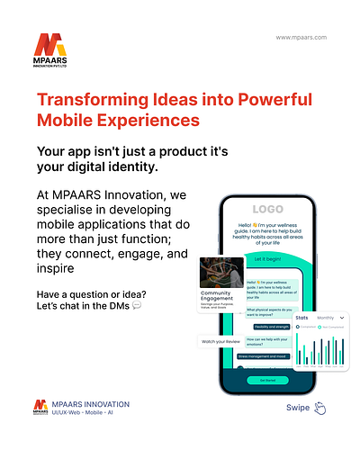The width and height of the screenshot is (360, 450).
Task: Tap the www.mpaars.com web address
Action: (x=301, y=38)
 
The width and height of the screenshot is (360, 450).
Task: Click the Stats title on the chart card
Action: (x=302, y=319)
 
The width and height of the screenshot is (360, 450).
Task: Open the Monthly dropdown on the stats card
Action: (x=329, y=319)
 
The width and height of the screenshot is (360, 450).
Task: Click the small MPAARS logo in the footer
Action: (x=40, y=408)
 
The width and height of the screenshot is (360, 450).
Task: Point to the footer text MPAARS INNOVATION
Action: (x=91, y=404)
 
